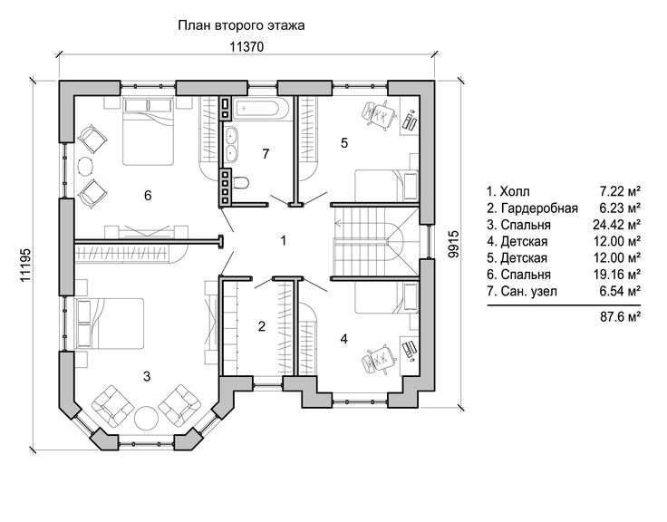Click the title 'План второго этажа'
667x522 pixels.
pyautogui.click(x=241, y=25)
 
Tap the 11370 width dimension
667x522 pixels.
pyautogui.click(x=246, y=47)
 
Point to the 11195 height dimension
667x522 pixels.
pyautogui.click(x=25, y=265)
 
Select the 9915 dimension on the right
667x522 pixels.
pyautogui.click(x=454, y=244)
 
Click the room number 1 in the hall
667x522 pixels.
pyautogui.click(x=284, y=241)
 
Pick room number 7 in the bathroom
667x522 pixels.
pyautogui.click(x=266, y=153)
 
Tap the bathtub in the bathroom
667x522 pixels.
pyautogui.click(x=262, y=108)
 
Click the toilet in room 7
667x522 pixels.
pyautogui.click(x=241, y=182)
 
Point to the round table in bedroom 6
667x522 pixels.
pyautogui.click(x=86, y=165)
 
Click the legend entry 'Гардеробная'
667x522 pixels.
pyautogui.click(x=539, y=208)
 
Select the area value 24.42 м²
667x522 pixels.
pyautogui.click(x=617, y=225)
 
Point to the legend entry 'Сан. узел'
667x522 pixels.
pyautogui.click(x=528, y=292)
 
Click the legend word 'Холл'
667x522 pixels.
pyautogui.click(x=515, y=191)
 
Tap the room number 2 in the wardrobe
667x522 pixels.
pyautogui.click(x=262, y=326)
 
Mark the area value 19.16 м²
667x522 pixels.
pyautogui.click(x=617, y=275)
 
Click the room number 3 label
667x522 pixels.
pyautogui.click(x=147, y=376)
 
